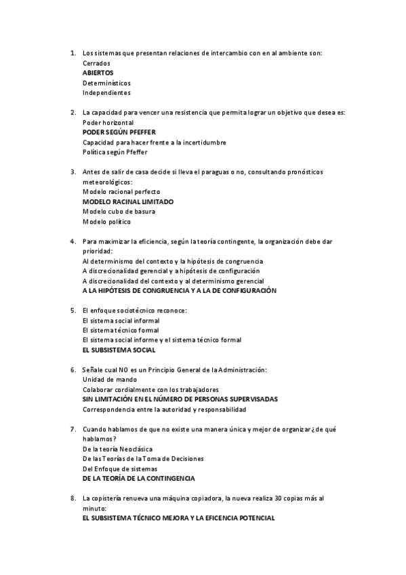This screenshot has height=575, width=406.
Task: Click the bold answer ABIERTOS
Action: (98, 73)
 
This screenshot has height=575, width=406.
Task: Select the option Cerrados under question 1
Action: (96, 62)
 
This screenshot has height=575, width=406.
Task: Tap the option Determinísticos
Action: (107, 83)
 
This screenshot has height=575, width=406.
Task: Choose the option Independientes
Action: (106, 92)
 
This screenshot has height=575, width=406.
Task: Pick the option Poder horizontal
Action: (108, 122)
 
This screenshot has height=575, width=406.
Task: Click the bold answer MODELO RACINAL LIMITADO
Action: (127, 201)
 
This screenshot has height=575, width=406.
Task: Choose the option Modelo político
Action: (106, 221)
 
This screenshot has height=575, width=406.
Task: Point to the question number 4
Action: (73, 241)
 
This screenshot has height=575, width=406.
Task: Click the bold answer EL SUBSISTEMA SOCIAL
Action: (119, 350)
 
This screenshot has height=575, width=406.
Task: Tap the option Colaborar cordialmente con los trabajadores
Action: (150, 390)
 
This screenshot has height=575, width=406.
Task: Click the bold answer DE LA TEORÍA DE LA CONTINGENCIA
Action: (138, 479)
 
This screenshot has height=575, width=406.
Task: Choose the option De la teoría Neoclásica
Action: (117, 449)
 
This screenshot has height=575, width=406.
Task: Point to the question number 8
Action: (73, 498)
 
